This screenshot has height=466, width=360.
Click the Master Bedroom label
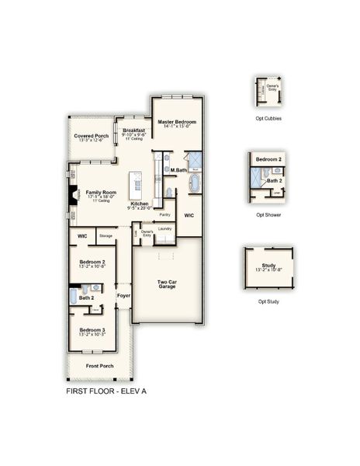177,122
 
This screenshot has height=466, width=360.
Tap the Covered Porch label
92,136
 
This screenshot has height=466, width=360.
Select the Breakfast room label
133,130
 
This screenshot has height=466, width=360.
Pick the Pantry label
164,214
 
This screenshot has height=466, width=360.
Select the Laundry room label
164,228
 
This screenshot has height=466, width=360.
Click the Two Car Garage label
167,284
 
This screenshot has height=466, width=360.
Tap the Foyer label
123,296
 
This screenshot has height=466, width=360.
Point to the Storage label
106,235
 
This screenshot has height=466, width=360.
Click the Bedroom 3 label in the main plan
92,330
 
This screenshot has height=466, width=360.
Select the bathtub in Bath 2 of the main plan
74,295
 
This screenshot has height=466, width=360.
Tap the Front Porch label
99,366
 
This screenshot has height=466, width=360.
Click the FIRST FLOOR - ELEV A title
106,391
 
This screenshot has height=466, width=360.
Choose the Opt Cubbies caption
268,118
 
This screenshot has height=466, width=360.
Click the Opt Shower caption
268,214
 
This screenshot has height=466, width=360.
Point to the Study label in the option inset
268,266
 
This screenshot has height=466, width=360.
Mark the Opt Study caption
268,301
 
